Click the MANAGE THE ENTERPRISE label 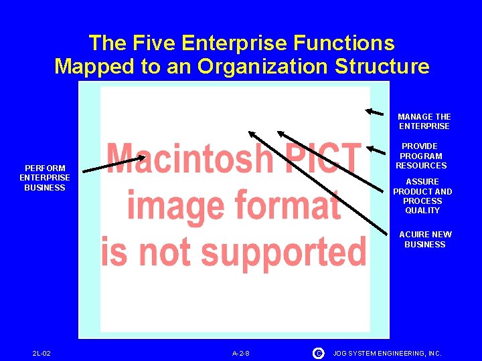pyautogui.click(x=424, y=121)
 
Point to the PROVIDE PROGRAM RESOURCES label pyautogui.click(x=421, y=156)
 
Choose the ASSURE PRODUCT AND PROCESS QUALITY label pyautogui.click(x=422, y=196)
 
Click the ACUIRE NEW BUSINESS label pyautogui.click(x=425, y=239)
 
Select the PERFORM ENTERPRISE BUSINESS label pyautogui.click(x=45, y=178)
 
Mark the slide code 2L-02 pyautogui.click(x=42, y=353)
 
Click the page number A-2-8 pyautogui.click(x=241, y=353)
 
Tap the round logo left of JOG pyautogui.click(x=318, y=352)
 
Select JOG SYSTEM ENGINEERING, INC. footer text pyautogui.click(x=388, y=353)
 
